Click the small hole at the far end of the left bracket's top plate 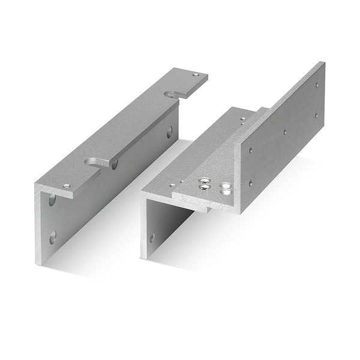click(196, 76)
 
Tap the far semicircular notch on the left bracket click(173, 94)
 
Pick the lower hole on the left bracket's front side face click(53, 236)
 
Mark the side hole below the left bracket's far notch click(169, 131)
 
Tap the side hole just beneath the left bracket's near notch click(114, 164)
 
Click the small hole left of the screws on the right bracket click(173, 185)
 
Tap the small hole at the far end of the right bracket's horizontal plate click(242, 119)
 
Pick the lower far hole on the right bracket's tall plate click(316, 115)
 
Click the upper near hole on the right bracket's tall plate click(251, 150)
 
